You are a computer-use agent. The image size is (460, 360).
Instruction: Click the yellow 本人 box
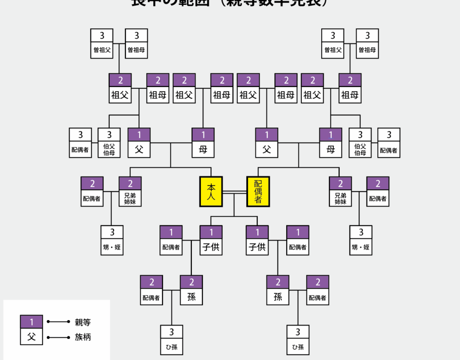click(x=211, y=191)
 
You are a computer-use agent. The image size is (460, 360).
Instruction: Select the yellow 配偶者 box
click(x=258, y=191)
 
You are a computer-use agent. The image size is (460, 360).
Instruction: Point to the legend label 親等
click(x=83, y=322)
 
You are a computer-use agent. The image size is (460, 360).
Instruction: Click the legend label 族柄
click(x=83, y=337)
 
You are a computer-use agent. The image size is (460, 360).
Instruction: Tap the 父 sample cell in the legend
click(x=31, y=337)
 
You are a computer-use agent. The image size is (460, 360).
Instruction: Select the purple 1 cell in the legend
click(x=31, y=322)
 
